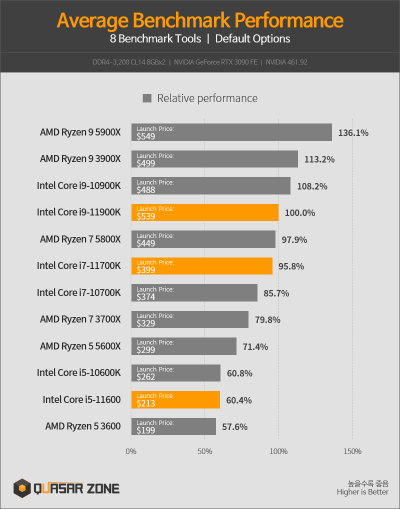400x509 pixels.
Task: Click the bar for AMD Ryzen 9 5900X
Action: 231,132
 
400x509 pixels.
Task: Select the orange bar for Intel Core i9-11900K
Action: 205,212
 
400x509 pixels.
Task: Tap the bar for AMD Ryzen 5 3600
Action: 173,426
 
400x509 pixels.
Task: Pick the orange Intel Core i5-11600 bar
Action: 175,400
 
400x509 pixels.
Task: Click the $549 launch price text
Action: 146,136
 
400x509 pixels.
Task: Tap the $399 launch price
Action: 146,270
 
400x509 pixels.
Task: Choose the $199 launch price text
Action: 146,430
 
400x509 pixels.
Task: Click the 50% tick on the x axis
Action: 205,451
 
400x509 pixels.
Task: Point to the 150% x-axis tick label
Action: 352,451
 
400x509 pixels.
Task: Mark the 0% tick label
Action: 131,451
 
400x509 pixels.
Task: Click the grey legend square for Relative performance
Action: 147,98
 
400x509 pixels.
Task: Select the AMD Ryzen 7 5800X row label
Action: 80,239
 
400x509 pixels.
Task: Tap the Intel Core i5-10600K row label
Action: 78,373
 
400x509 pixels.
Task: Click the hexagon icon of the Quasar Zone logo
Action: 22,487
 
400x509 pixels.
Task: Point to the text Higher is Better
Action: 362,492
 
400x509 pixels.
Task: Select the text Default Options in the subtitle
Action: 252,38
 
